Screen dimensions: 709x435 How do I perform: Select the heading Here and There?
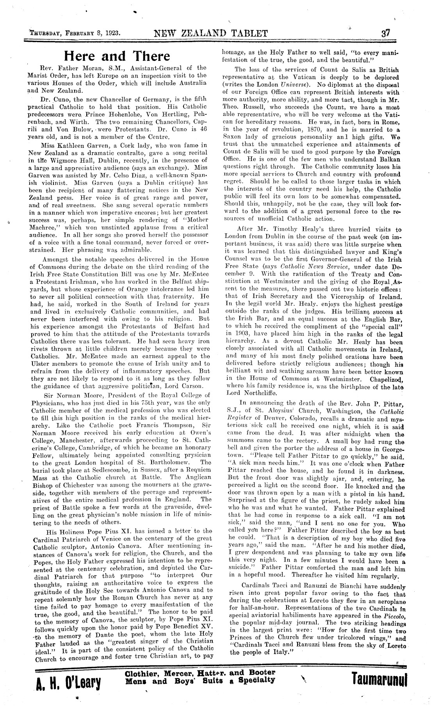coord(121,56)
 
